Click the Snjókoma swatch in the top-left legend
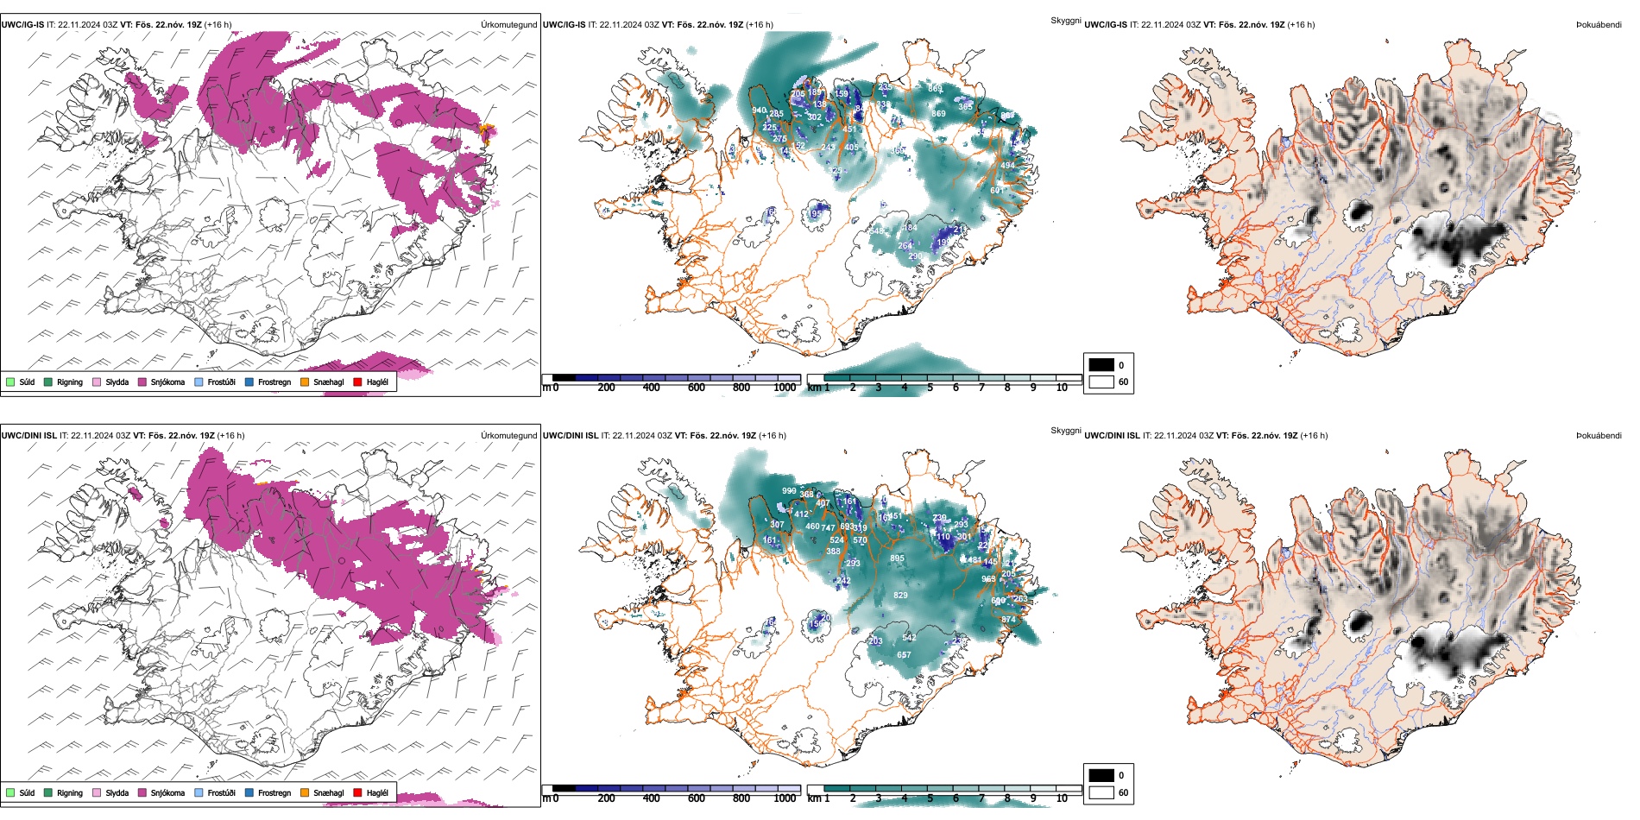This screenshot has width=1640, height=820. click(x=142, y=382)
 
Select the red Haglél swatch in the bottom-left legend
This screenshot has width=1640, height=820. click(x=357, y=792)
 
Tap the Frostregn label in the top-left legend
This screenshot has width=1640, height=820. click(x=274, y=382)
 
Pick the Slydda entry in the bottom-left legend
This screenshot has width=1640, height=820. click(x=117, y=792)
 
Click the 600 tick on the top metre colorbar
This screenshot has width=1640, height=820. click(x=697, y=388)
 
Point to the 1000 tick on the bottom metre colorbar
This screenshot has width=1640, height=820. click(x=785, y=798)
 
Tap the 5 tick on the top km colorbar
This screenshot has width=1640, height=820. click(x=930, y=388)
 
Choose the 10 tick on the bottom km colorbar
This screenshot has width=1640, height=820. click(x=1062, y=798)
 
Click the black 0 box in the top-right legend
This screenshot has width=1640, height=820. click(x=1101, y=365)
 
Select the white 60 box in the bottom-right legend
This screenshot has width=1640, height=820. click(x=1101, y=792)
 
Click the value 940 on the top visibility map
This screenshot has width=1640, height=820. click(x=759, y=110)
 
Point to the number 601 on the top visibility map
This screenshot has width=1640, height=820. click(x=997, y=191)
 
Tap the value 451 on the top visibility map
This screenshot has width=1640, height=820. click(x=850, y=129)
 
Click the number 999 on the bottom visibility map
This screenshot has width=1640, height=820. click(x=789, y=490)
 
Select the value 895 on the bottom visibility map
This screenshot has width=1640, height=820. click(x=898, y=558)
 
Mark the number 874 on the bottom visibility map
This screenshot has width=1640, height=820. click(x=1008, y=620)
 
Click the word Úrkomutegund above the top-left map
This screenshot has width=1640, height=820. click(x=508, y=25)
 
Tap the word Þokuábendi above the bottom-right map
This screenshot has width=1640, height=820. click(x=1599, y=436)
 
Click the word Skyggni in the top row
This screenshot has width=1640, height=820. click(x=1066, y=20)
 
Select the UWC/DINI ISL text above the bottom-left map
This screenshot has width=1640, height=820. click(x=28, y=436)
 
